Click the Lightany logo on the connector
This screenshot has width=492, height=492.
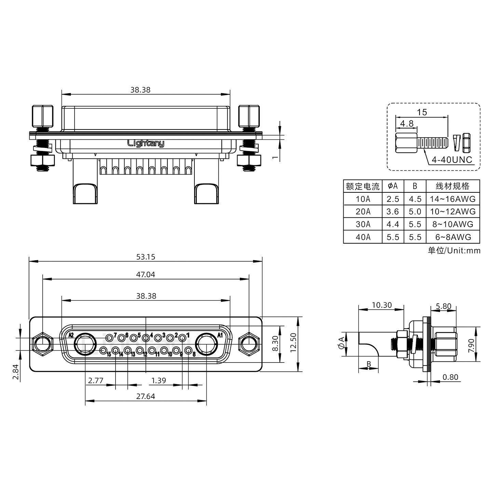coord(146,143)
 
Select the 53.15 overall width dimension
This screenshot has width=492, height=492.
coord(146,257)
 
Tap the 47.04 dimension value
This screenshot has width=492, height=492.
coord(146,274)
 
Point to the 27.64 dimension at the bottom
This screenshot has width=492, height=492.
coord(146,396)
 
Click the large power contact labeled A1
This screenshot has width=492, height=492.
coord(206,344)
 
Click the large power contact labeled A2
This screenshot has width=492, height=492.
coord(85,344)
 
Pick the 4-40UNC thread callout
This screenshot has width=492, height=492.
coord(452,160)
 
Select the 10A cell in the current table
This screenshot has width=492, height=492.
coord(363,199)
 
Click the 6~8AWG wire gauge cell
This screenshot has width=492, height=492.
coord(453,237)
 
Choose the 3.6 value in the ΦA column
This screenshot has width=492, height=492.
coord(393,211)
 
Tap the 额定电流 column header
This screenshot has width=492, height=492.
coord(363,186)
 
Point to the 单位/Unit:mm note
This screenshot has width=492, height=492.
coord(454,250)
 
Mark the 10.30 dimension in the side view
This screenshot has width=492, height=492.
coord(381,305)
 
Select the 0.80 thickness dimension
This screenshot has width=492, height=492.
coord(450,377)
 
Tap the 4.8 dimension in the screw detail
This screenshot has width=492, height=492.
coord(407,124)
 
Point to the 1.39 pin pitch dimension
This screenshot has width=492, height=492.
coord(159,380)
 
